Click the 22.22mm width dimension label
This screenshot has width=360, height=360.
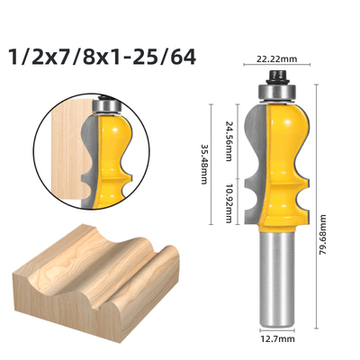coord(276,59)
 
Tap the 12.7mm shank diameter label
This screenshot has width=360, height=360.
coord(277,339)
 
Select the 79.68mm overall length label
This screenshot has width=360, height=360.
coord(322,234)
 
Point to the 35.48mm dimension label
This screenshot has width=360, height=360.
coord(203,165)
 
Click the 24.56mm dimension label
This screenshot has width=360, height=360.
coord(229,141)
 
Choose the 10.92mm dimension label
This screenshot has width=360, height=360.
coord(229,204)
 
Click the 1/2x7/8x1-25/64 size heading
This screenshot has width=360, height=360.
coord(103,57)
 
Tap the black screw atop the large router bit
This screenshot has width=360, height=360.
coord(277,76)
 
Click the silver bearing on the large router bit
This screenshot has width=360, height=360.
coord(277,92)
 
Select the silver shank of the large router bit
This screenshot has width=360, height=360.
coord(276,278)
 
